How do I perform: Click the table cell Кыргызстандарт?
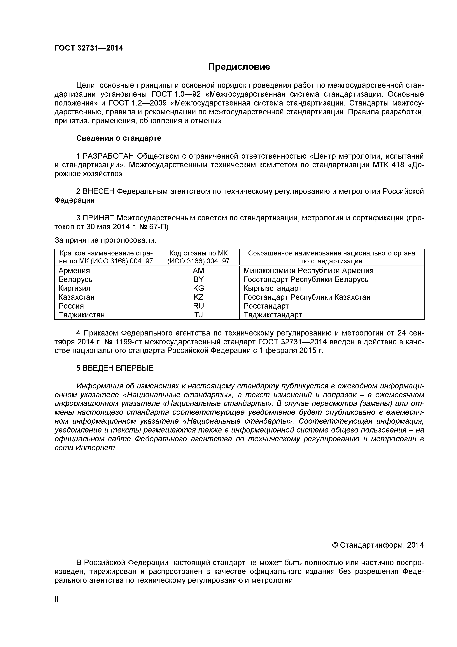[x=272, y=288]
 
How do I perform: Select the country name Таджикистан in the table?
[x=82, y=315]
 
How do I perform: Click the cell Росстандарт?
[x=266, y=306]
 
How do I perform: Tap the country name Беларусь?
[x=75, y=280]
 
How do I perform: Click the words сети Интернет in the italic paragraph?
[x=85, y=448]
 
